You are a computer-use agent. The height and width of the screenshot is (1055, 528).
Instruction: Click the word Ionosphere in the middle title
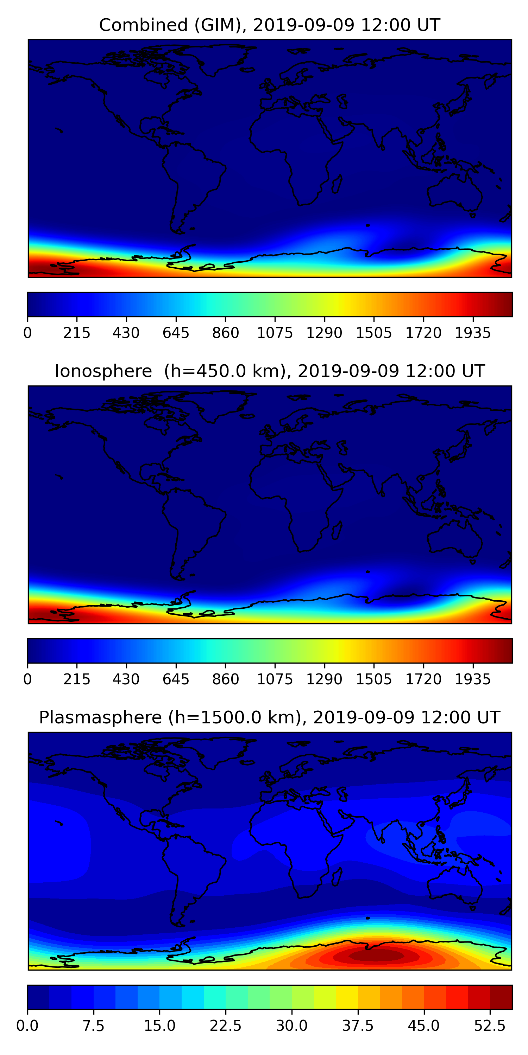point(103,371)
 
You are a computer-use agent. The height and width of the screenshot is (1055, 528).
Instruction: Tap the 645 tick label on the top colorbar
point(176,333)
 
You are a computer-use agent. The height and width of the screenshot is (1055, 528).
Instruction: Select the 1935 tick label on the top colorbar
point(473,333)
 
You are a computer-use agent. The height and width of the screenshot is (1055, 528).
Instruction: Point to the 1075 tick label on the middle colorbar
point(275,679)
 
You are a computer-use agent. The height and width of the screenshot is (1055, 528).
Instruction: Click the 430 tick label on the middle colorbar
point(126,679)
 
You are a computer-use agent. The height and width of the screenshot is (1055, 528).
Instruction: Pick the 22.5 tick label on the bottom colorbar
point(226,1025)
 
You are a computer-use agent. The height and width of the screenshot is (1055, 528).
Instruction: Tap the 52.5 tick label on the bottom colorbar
point(490,1025)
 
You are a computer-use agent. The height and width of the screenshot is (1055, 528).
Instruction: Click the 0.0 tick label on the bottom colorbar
point(27,1025)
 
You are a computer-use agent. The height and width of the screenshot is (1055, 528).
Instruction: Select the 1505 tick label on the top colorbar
point(374,333)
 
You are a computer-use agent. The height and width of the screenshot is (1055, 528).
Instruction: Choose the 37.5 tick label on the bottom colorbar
point(358,1025)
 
